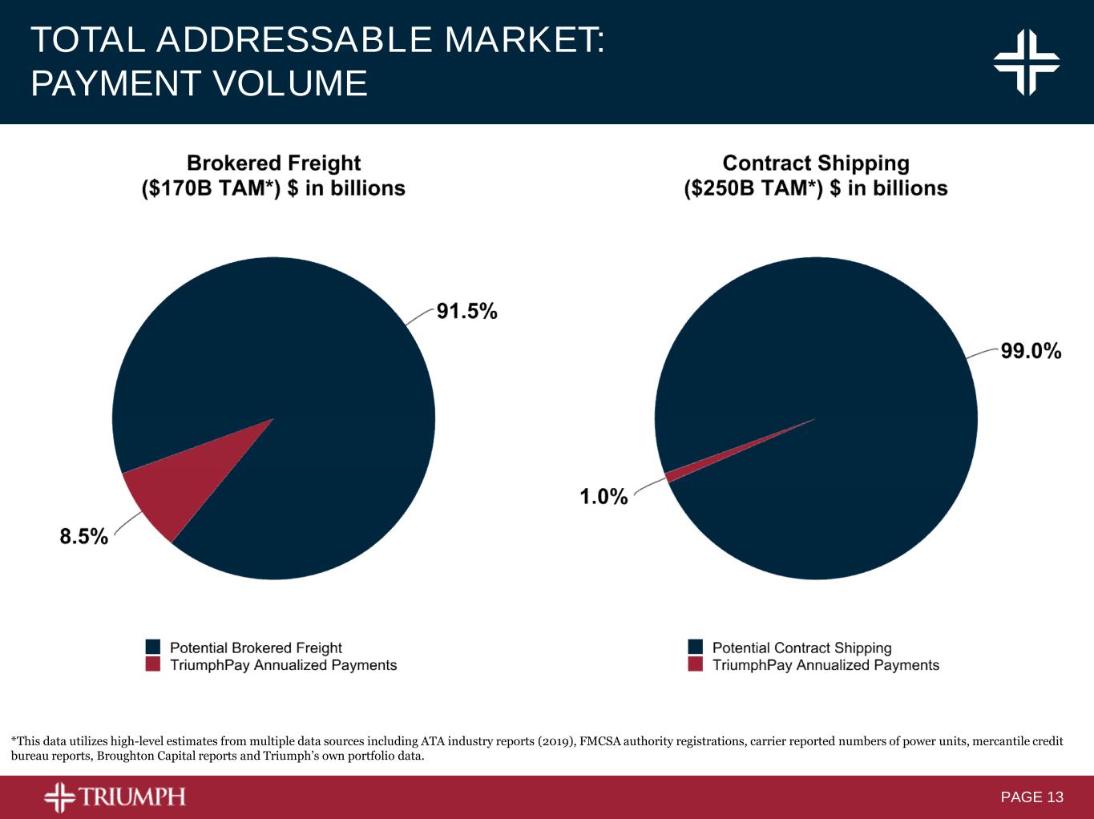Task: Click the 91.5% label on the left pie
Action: point(466,312)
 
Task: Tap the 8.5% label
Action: point(83,537)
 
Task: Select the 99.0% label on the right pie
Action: point(1031,351)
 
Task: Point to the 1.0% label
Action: point(604,497)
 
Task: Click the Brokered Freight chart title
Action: point(273,163)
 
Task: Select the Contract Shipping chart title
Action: point(816,163)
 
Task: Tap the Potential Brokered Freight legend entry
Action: point(256,648)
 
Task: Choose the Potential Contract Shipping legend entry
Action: point(801,648)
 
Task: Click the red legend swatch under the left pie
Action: point(153,664)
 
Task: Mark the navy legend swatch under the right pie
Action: point(696,647)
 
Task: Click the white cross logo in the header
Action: point(1027,62)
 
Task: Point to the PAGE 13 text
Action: point(1031,797)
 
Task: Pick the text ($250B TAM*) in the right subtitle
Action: point(753,188)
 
